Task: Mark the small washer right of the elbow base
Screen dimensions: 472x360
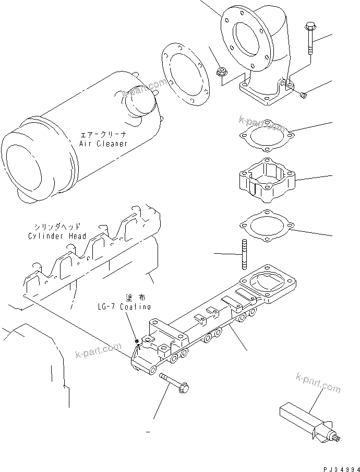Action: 304,95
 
